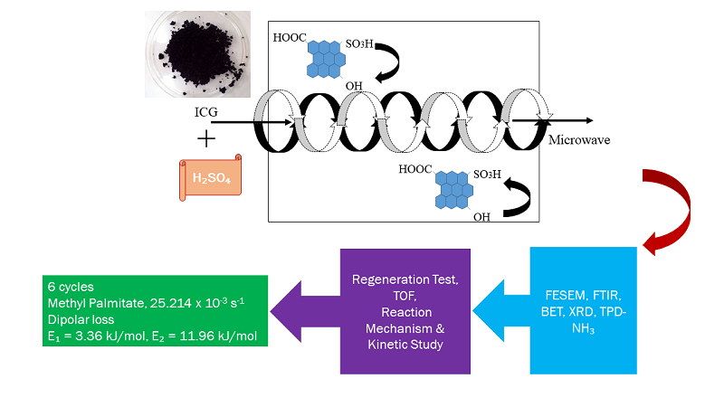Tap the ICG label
coord(206,113)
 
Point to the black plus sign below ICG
coord(206,138)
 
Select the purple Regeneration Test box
coord(405,311)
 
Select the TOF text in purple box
coord(405,297)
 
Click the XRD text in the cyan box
coord(598,311)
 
